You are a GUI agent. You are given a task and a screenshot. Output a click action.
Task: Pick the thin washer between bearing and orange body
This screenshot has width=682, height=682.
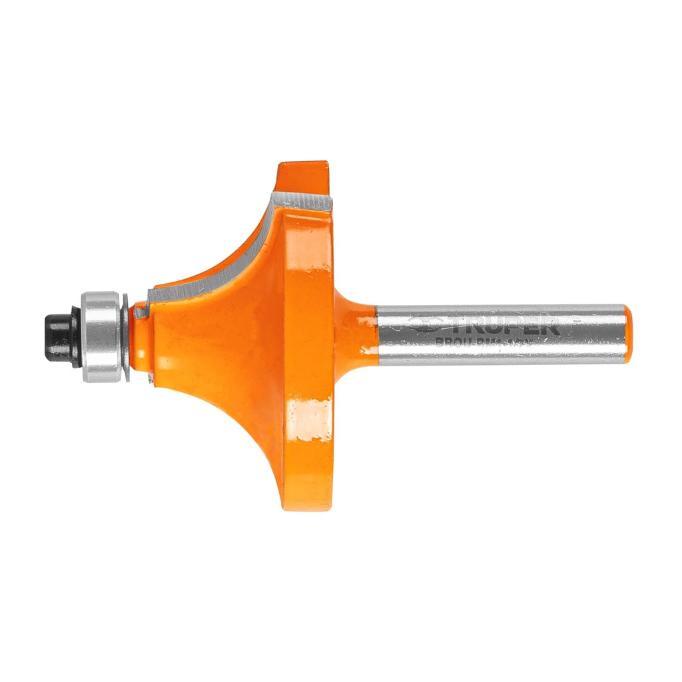coord(126,336)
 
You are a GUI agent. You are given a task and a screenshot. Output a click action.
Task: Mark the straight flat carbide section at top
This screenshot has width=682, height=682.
coord(303,200)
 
